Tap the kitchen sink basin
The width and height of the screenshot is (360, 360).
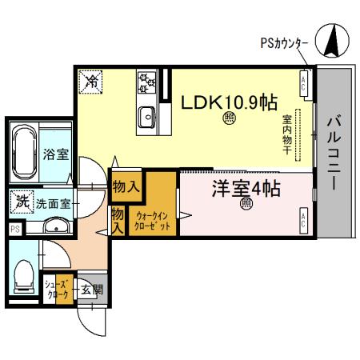147,117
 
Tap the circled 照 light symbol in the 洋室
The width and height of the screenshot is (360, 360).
246,204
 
